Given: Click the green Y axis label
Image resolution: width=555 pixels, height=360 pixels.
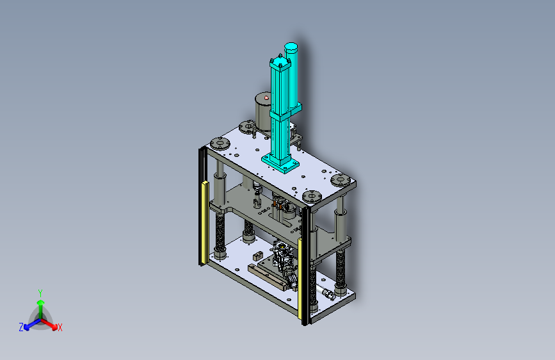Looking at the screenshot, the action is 40,293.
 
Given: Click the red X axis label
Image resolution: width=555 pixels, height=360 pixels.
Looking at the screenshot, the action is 60,328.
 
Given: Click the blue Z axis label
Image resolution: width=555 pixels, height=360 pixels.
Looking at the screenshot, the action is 21,327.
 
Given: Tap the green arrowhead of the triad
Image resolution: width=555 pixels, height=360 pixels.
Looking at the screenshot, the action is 41,303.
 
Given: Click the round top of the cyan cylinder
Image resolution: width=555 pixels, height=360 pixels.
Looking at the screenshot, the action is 291,46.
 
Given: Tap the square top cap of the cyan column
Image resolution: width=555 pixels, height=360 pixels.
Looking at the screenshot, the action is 280,64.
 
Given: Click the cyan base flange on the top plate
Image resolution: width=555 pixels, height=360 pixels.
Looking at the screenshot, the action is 280,163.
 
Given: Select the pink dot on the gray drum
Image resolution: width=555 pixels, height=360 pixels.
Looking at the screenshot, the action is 266,97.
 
